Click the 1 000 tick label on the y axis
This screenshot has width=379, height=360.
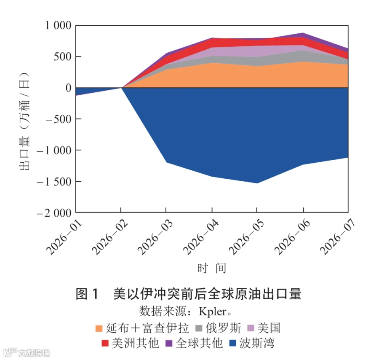(58, 25)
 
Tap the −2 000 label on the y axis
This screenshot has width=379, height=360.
(54, 213)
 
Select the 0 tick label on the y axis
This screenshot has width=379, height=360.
(69, 88)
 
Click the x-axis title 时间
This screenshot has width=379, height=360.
(212, 268)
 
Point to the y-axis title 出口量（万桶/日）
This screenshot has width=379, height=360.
(24, 121)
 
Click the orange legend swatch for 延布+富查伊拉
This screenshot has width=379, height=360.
(99, 328)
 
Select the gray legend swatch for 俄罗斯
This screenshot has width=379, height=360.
(199, 328)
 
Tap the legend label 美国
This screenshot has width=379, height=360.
(269, 328)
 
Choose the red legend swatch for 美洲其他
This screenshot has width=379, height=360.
(105, 343)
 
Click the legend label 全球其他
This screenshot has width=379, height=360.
(199, 343)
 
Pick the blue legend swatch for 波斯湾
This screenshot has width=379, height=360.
(232, 343)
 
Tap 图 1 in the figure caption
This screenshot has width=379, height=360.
(87, 294)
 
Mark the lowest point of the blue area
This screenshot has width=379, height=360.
(257, 183)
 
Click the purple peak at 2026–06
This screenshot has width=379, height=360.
(303, 33)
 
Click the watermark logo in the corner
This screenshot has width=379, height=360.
(10, 352)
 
